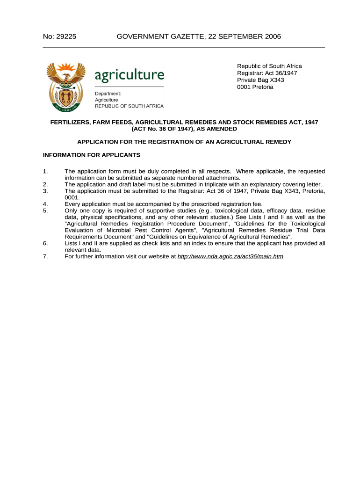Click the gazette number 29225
(x=67, y=36)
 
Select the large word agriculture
(x=130, y=74)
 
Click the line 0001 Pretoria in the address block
(x=255, y=87)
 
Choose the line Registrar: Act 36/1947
(x=267, y=73)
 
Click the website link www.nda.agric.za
(x=230, y=256)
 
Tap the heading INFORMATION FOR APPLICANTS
(x=92, y=155)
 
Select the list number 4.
(x=45, y=204)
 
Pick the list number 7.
(x=45, y=256)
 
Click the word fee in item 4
(x=257, y=204)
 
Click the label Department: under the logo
(x=108, y=94)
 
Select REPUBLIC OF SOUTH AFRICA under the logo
(x=130, y=106)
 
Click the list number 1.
(x=45, y=171)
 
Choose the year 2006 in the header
(x=273, y=36)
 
